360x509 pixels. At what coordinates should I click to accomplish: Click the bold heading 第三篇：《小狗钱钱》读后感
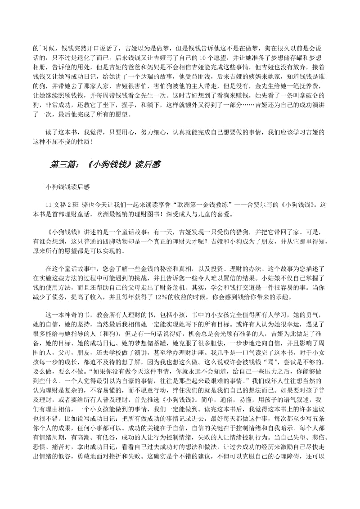tap(105, 165)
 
